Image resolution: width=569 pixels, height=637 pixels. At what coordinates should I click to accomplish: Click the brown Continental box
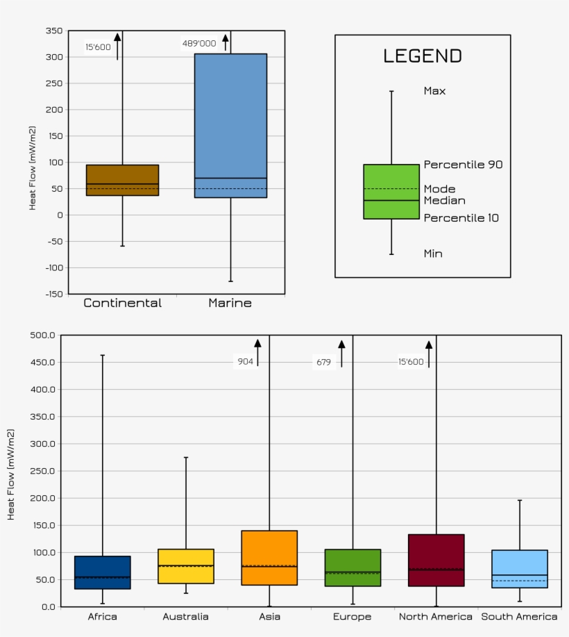(122, 180)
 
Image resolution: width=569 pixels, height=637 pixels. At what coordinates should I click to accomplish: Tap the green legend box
(391, 192)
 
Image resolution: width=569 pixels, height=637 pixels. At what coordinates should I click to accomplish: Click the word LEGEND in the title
(423, 56)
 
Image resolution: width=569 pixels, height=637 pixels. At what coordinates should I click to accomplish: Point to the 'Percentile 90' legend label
(463, 165)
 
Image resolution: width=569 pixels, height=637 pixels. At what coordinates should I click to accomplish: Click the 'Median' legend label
(444, 201)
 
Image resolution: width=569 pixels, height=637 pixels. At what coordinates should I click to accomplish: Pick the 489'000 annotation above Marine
(199, 44)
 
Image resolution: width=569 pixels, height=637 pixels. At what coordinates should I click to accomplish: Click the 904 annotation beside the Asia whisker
(246, 361)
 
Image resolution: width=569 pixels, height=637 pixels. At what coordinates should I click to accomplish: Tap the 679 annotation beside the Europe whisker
(324, 362)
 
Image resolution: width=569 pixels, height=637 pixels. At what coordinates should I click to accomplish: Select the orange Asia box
(269, 558)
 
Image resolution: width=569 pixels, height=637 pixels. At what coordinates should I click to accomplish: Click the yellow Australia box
(186, 566)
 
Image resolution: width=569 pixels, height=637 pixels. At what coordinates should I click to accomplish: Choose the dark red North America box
(436, 560)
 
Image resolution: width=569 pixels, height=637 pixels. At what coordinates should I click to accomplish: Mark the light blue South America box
(519, 569)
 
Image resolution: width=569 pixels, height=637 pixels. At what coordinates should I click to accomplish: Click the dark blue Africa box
(103, 572)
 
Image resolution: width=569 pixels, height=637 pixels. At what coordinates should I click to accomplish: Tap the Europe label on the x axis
(353, 617)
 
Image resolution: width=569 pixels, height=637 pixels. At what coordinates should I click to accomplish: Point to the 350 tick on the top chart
(53, 31)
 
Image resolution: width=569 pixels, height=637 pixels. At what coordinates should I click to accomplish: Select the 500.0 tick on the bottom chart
(42, 336)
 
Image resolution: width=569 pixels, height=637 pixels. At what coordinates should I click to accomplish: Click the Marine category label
(230, 303)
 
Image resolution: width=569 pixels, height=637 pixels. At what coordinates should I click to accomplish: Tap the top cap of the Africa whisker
(103, 356)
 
